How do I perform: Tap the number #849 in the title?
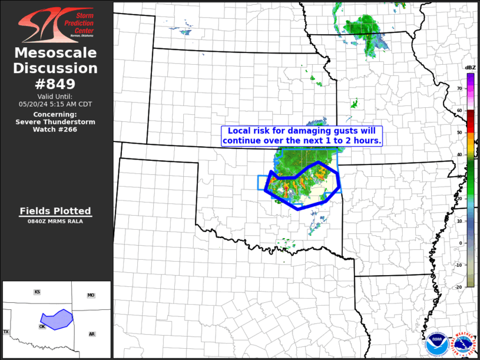click(x=56, y=83)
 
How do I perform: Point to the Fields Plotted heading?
click(x=55, y=211)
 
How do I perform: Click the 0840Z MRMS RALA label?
click(x=55, y=222)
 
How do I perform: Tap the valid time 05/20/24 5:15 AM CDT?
click(x=55, y=104)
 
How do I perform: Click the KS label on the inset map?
click(x=37, y=292)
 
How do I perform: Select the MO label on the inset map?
click(x=91, y=295)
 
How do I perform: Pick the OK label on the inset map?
click(x=42, y=326)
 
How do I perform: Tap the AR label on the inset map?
click(x=92, y=334)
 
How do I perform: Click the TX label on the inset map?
click(x=6, y=332)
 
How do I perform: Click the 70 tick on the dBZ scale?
click(x=460, y=88)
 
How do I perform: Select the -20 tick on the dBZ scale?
click(x=459, y=286)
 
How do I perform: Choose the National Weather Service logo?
click(x=463, y=343)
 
